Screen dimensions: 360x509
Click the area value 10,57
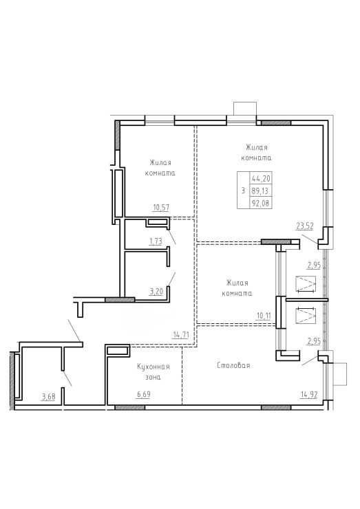pyautogui.click(x=161, y=207)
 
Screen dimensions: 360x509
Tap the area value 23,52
pyautogui.click(x=305, y=226)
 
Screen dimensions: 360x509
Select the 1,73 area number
pyautogui.click(x=156, y=241)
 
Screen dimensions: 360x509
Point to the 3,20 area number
pyautogui.click(x=156, y=292)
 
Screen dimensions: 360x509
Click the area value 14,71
pyautogui.click(x=181, y=334)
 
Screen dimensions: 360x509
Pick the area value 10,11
pyautogui.click(x=264, y=316)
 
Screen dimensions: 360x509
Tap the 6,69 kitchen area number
pyautogui.click(x=144, y=394)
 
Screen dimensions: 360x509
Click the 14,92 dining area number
pyautogui.click(x=309, y=394)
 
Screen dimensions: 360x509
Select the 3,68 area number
pyautogui.click(x=47, y=396)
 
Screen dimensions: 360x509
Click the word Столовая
pyautogui.click(x=233, y=365)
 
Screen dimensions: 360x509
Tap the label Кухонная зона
pyautogui.click(x=153, y=371)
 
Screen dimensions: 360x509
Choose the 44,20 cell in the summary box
pyautogui.click(x=261, y=178)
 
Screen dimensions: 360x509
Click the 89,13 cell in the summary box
pyautogui.click(x=261, y=191)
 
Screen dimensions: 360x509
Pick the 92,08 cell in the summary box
pyautogui.click(x=261, y=203)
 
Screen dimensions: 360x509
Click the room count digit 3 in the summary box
pyautogui.click(x=243, y=191)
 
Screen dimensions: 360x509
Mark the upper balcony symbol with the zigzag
pyautogui.click(x=306, y=284)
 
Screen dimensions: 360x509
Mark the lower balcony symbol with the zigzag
pyautogui.click(x=306, y=315)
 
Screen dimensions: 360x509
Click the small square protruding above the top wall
pyautogui.click(x=245, y=109)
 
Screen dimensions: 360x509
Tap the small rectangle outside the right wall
pyautogui.click(x=340, y=374)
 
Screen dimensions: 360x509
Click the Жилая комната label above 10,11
pyautogui.click(x=237, y=288)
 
